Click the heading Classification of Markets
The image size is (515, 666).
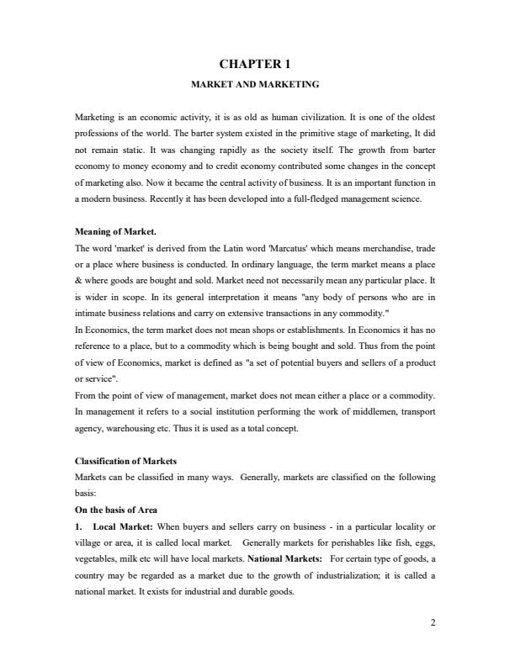point(125,462)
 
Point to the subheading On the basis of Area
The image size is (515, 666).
point(116,510)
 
